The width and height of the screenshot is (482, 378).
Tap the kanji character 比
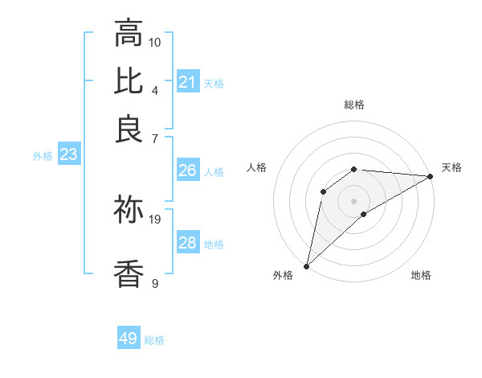129,80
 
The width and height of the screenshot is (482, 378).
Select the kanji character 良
129,129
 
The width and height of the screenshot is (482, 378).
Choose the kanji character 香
129,273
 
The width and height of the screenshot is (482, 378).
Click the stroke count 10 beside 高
155,42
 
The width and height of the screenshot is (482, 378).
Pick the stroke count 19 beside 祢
155,219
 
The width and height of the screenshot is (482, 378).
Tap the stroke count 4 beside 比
155,89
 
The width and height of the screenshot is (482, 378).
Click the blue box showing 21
187,81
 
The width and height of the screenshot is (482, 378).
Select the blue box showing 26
187,171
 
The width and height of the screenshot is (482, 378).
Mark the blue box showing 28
187,243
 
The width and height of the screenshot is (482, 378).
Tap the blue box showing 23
68,155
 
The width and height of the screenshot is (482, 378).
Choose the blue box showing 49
129,339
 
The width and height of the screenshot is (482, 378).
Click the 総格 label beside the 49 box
155,340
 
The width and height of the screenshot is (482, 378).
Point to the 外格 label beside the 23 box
43,157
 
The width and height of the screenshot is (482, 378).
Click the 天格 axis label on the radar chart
451,167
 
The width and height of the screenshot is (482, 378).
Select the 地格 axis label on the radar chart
421,275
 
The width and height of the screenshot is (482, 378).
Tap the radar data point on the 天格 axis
431,176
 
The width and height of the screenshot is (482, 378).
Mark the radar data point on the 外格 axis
306,265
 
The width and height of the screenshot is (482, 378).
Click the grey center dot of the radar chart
354,200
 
